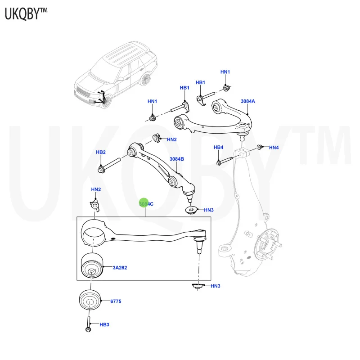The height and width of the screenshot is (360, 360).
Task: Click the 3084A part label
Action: click(247, 101)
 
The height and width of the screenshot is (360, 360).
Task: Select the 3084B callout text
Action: click(177, 159)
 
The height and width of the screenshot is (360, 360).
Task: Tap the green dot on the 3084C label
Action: click(144, 203)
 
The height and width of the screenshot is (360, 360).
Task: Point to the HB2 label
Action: click(100, 152)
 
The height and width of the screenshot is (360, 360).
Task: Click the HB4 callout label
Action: click(218, 148)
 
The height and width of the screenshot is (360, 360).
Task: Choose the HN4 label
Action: click(274, 148)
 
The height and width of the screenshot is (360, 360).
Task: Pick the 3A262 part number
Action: click(120, 268)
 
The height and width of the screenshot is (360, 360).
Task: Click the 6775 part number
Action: click(117, 301)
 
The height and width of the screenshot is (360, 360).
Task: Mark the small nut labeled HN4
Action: click(260, 147)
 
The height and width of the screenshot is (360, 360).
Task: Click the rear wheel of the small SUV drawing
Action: click(144, 80)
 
